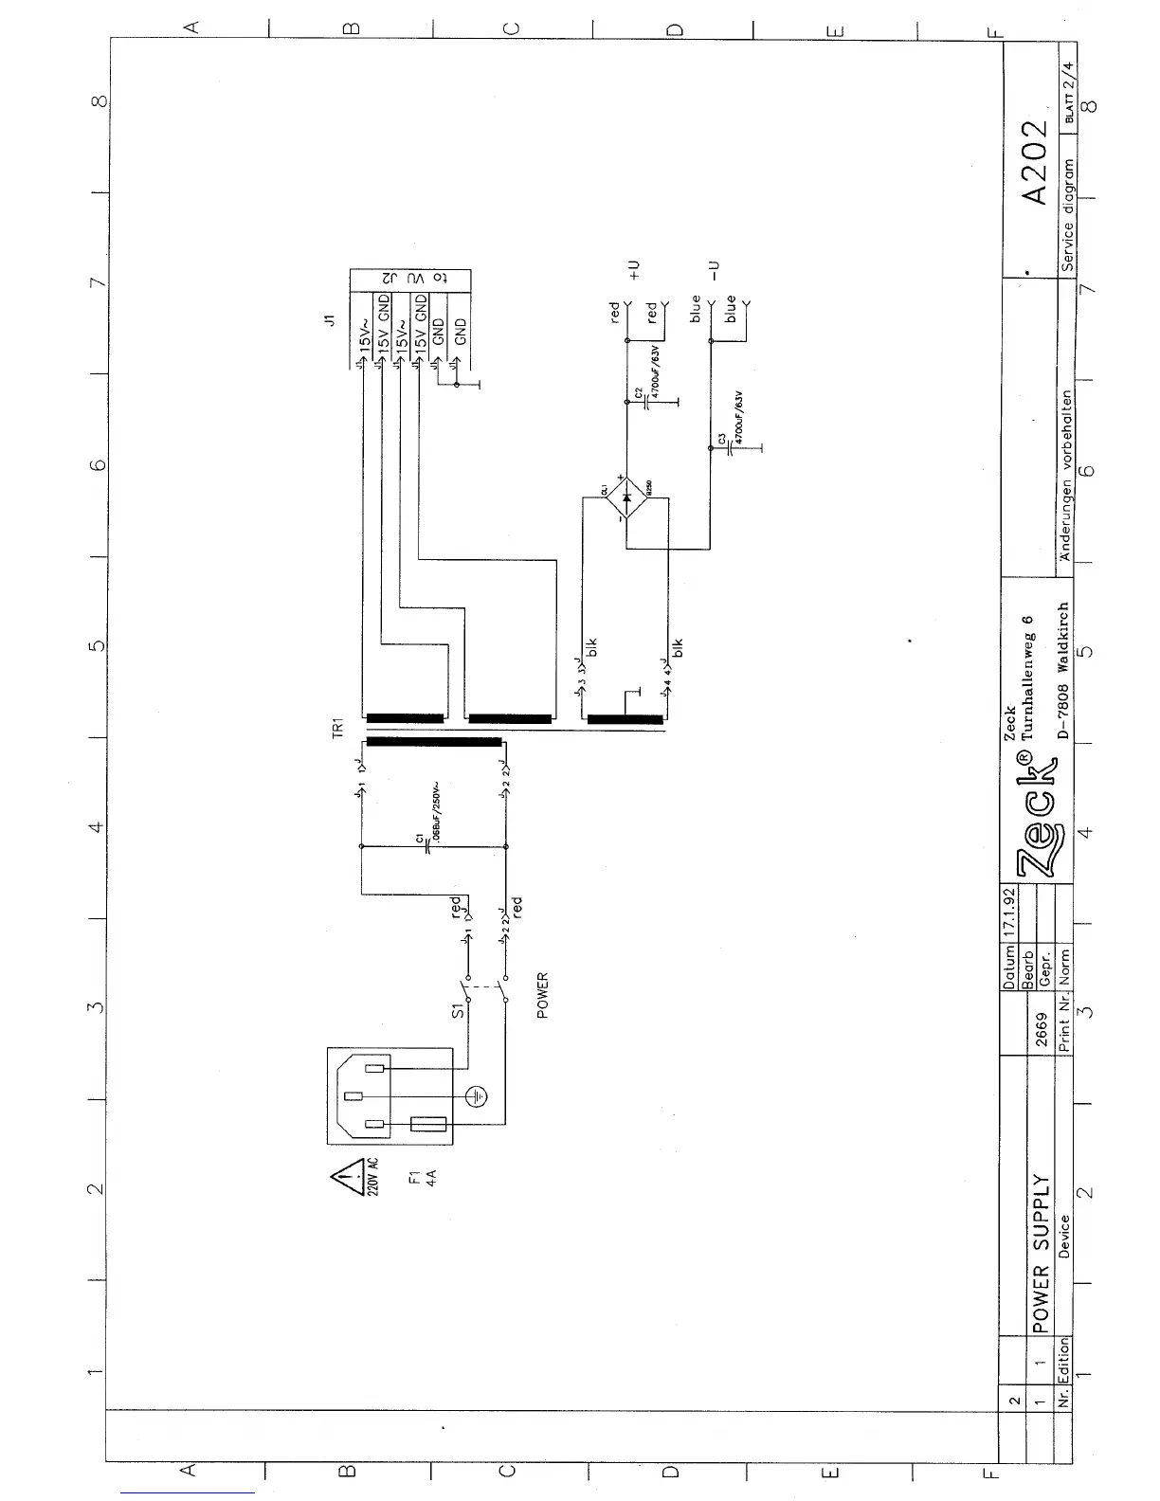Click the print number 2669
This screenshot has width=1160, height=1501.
[x=1041, y=1029]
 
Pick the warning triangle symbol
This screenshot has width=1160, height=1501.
[x=343, y=1179]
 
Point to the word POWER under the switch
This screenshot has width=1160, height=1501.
[x=542, y=995]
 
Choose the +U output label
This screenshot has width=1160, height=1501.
[x=634, y=270]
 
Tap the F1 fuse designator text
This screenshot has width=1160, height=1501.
[x=413, y=1180]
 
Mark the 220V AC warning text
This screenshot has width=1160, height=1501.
[x=372, y=1178]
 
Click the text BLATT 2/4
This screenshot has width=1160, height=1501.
[x=1070, y=95]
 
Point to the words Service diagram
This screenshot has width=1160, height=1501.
[x=1069, y=216]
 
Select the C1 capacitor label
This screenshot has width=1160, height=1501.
[x=419, y=838]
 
